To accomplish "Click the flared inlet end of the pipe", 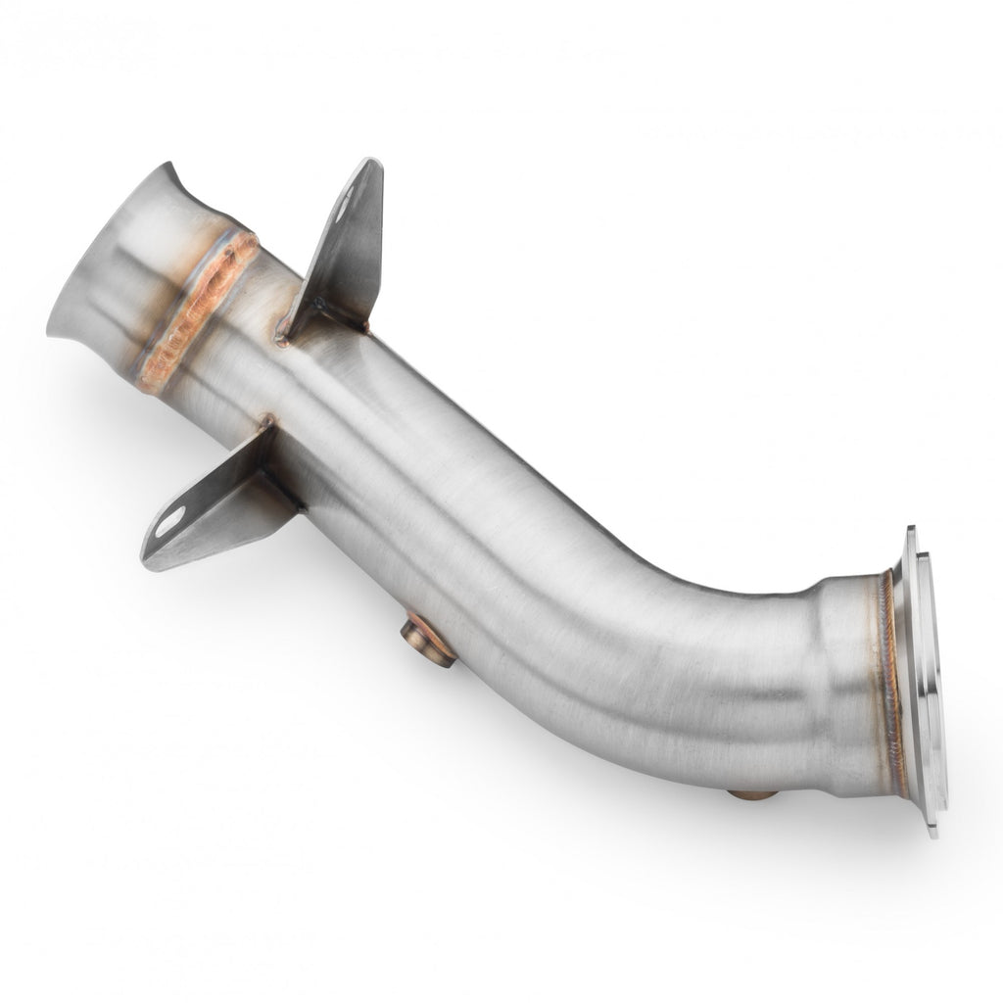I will click(x=108, y=264).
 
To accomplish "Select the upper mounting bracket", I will click(x=343, y=250).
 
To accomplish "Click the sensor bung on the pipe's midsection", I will click(x=429, y=642).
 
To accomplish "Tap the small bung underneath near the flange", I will click(x=752, y=793).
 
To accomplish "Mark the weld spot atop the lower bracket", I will click(x=266, y=423).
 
